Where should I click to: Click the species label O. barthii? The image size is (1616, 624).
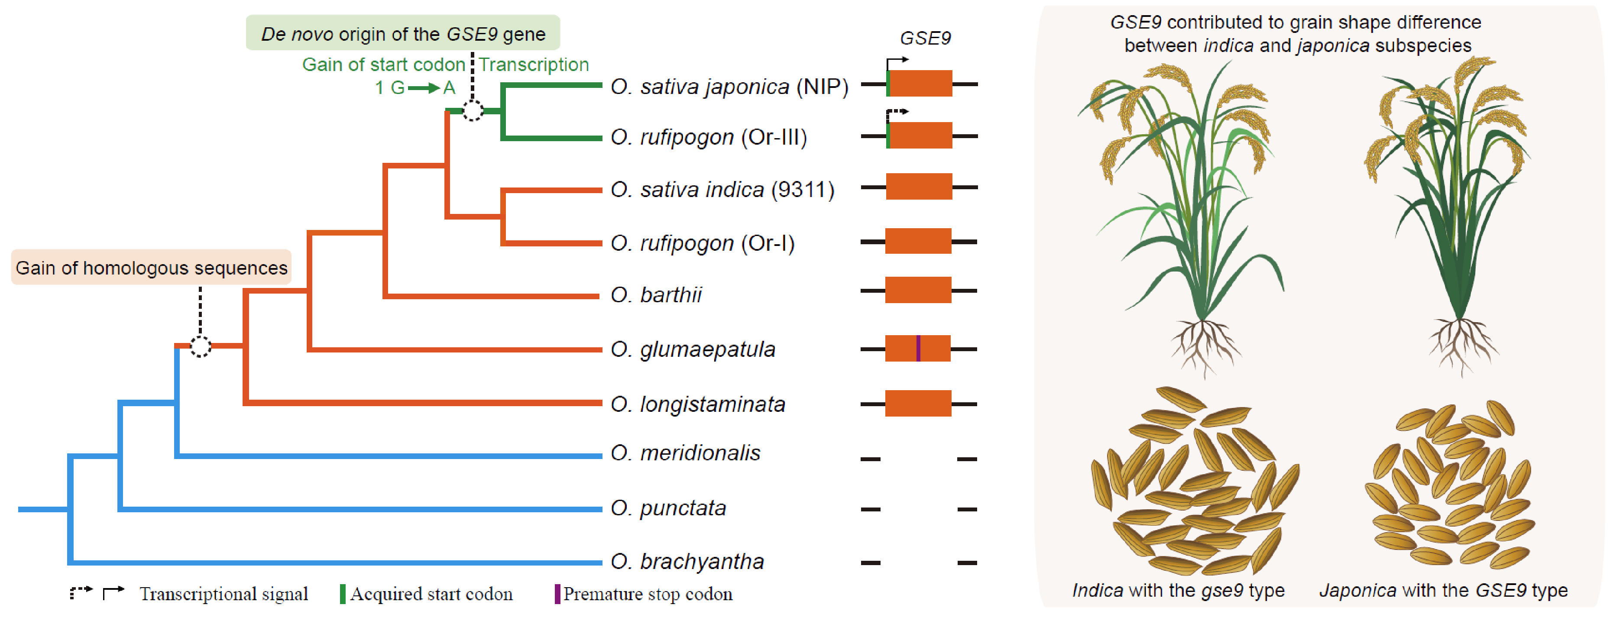pyautogui.click(x=656, y=295)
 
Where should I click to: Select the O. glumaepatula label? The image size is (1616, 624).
pyautogui.click(x=693, y=349)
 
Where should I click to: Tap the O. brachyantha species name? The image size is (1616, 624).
pyautogui.click(x=687, y=561)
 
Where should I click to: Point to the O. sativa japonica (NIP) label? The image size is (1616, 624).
pyautogui.click(x=729, y=87)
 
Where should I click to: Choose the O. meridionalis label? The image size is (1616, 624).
pyautogui.click(x=685, y=453)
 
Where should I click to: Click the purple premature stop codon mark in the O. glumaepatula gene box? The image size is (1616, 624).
pyautogui.click(x=918, y=349)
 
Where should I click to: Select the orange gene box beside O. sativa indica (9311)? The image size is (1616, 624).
pyautogui.click(x=918, y=187)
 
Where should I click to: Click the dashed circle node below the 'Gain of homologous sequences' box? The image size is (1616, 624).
pyautogui.click(x=201, y=346)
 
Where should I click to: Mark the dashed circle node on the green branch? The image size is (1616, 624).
pyautogui.click(x=473, y=111)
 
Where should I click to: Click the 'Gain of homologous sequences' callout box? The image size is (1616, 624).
pyautogui.click(x=151, y=268)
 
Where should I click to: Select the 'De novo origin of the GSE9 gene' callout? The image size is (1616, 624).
pyautogui.click(x=403, y=33)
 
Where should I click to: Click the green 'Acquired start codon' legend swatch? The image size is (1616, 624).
pyautogui.click(x=343, y=594)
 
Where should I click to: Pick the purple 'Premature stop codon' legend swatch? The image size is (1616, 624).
pyautogui.click(x=557, y=594)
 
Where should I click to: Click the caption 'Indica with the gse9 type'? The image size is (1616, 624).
pyautogui.click(x=1178, y=590)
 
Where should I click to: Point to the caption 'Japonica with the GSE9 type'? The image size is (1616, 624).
pyautogui.click(x=1443, y=590)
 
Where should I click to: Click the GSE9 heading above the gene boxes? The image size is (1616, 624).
pyautogui.click(x=925, y=38)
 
